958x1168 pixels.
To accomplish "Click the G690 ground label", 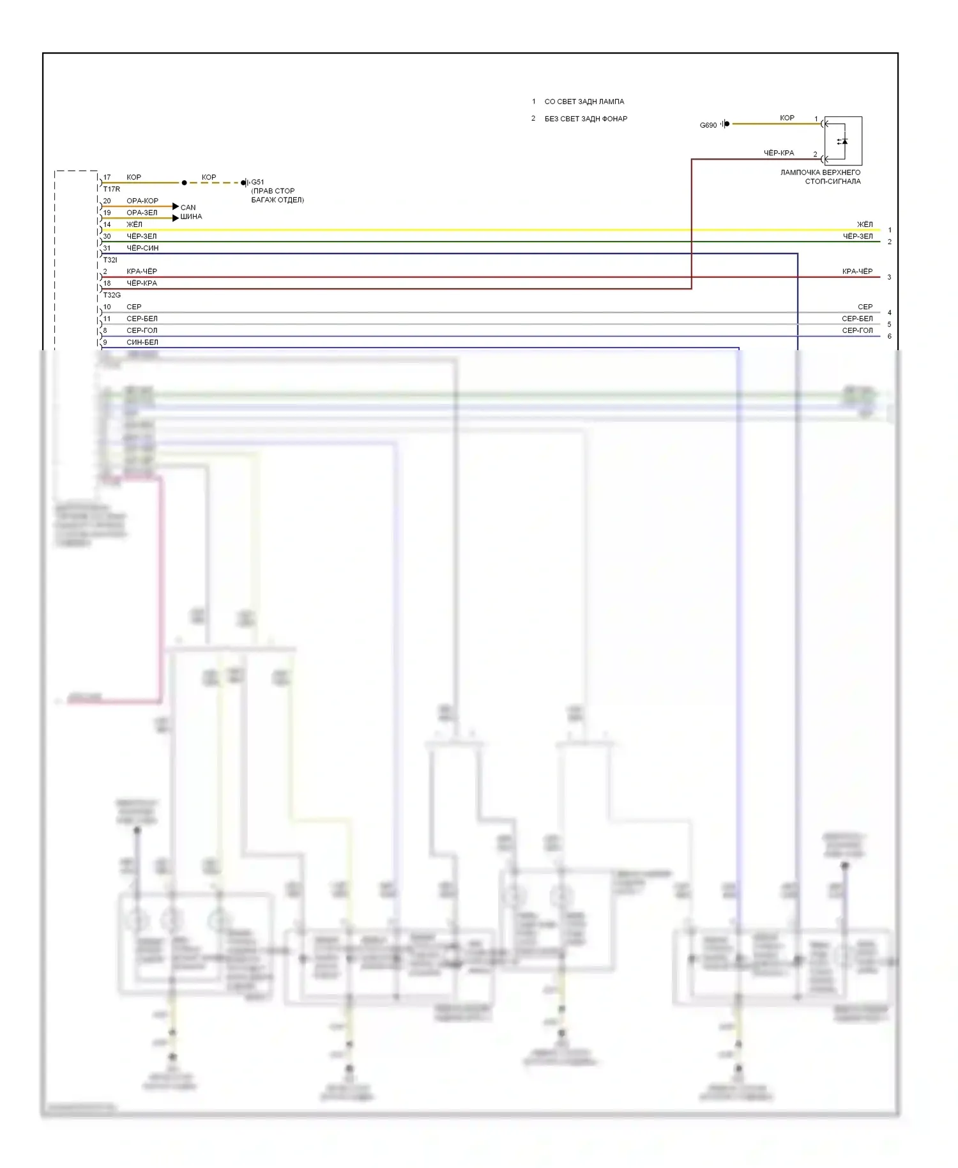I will tap(708, 125).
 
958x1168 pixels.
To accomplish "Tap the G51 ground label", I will tap(257, 182).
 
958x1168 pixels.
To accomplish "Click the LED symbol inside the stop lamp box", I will tap(843, 141).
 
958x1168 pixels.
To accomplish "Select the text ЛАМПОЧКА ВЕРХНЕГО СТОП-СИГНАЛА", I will tap(821, 177).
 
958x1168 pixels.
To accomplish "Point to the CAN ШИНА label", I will tap(190, 212).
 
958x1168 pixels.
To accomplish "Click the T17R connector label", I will tap(112, 189).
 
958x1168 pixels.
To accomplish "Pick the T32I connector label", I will tap(110, 260).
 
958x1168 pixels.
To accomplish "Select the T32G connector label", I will tap(112, 295).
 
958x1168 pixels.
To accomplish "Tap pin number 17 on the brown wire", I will tap(107, 178).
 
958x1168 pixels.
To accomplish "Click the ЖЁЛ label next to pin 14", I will tap(134, 225).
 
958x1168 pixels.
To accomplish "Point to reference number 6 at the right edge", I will tap(889, 336).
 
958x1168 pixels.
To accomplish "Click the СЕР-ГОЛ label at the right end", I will tap(857, 330).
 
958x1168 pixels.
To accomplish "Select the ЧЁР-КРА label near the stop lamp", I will tap(779, 153).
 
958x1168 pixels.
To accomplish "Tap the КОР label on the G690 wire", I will tap(787, 118).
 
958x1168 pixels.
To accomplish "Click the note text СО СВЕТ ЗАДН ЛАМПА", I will tap(584, 102).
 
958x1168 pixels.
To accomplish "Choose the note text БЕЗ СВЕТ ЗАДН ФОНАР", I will tap(586, 119).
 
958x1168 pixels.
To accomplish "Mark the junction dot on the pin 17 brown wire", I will tap(185, 183).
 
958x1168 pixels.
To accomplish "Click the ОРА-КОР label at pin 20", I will tap(142, 201).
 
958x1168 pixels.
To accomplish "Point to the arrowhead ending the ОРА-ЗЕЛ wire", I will tap(176, 218).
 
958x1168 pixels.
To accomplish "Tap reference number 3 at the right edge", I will tap(889, 277).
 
